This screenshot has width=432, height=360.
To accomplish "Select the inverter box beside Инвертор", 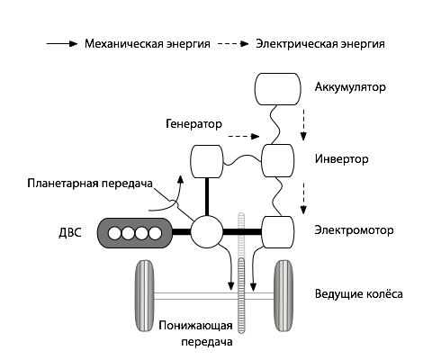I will [278, 161].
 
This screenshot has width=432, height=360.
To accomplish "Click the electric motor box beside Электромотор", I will [278, 232].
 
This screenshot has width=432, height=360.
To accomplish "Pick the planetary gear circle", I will [207, 232].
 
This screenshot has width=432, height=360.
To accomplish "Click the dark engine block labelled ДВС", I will [135, 233].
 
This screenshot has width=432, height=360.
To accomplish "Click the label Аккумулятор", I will [350, 88].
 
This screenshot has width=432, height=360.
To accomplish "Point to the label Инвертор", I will [343, 159].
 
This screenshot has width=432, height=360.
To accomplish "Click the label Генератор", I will [193, 121].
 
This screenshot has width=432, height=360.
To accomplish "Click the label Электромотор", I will [355, 229].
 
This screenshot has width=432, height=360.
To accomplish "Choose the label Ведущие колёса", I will [359, 294].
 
